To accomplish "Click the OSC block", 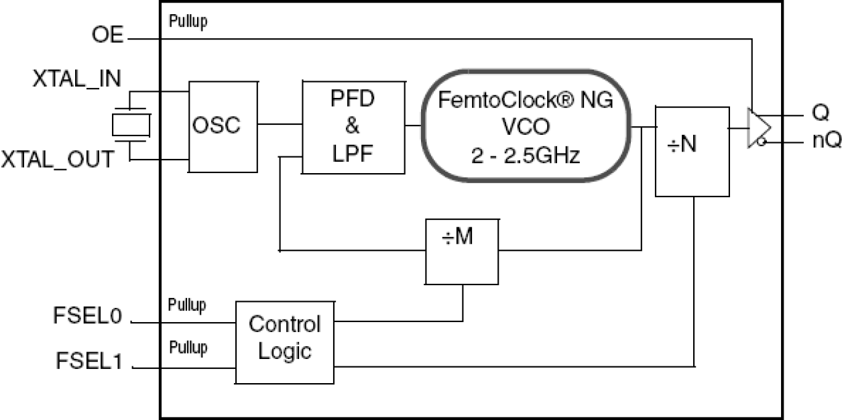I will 223,126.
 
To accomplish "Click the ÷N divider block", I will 692,151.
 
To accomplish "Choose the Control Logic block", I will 284,342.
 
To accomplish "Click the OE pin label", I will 107,36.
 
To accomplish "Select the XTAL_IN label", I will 77,79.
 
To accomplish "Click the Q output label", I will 821,112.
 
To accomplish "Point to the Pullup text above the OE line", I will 188,21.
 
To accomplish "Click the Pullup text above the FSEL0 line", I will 188,303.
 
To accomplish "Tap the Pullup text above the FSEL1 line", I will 188,348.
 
